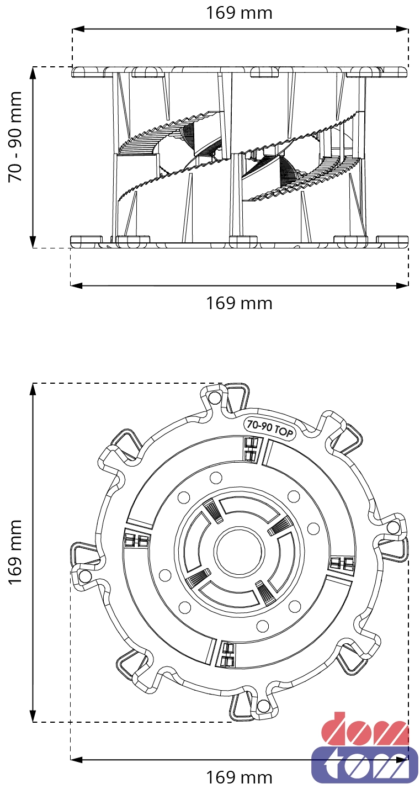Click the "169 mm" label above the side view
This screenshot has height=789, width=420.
tap(239, 13)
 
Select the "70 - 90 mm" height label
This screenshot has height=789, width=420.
tap(15, 136)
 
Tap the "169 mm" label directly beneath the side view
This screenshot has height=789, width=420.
tap(239, 303)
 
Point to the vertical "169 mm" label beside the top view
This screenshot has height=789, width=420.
tap(15, 552)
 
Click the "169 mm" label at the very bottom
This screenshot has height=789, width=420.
tap(239, 777)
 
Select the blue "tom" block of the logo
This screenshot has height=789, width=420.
tap(364, 765)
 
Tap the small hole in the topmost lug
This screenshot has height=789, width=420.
tap(215, 398)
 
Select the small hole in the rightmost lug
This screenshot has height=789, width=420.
tap(393, 527)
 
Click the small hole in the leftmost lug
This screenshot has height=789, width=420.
tap(85, 576)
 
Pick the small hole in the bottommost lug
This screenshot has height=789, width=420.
tap(263, 706)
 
